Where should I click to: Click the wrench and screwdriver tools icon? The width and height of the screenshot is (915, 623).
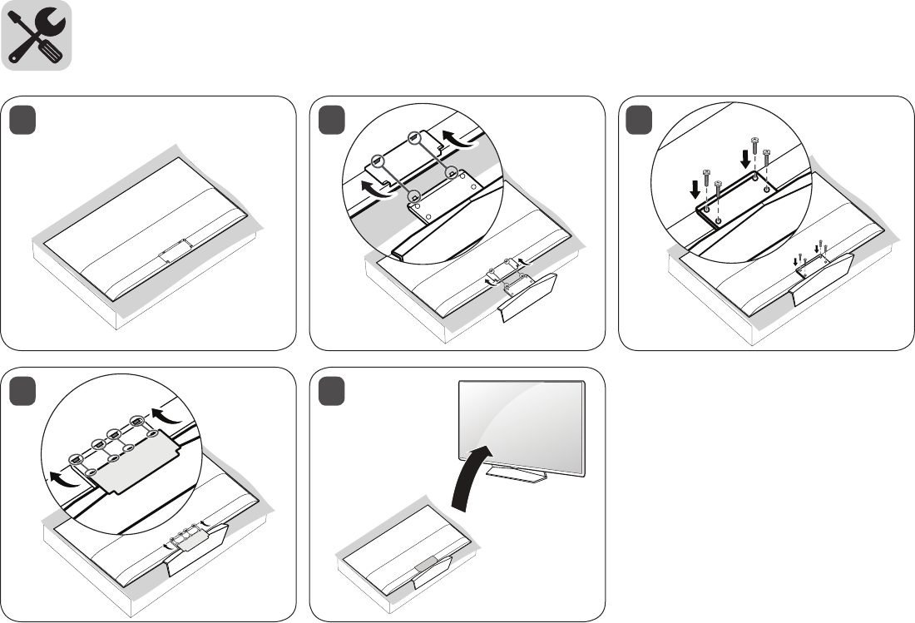[x=37, y=35]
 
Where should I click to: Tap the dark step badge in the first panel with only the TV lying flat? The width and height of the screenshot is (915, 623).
[x=23, y=122]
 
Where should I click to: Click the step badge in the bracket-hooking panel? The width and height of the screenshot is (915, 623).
[x=334, y=122]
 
